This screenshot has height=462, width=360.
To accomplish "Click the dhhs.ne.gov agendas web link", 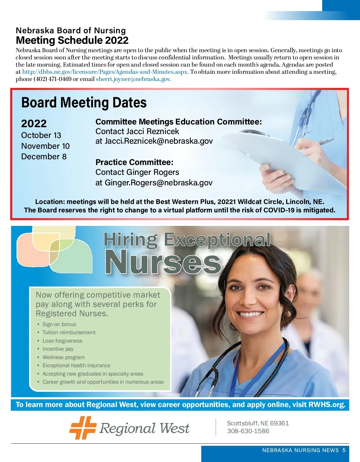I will click(x=105, y=72).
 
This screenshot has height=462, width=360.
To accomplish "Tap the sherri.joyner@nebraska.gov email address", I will click(x=133, y=79).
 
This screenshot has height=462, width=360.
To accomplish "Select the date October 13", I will click(x=41, y=135).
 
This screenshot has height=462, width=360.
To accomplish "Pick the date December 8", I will click(x=44, y=157).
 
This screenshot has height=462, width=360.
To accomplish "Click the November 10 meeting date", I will click(x=45, y=146).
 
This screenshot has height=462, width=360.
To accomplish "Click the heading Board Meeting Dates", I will click(x=84, y=103).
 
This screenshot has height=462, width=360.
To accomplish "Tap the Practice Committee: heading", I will click(x=134, y=162).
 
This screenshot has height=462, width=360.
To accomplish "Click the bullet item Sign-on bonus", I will click(x=59, y=324).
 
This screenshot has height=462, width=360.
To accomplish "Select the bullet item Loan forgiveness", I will click(x=62, y=341).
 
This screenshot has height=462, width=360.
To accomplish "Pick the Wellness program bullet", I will click(x=63, y=357).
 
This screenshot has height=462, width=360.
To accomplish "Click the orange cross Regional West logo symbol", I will click(x=83, y=427).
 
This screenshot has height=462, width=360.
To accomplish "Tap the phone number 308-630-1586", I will click(x=248, y=431).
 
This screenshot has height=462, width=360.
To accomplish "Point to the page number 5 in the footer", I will click(x=344, y=450).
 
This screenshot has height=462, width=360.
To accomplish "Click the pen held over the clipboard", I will click(x=325, y=141).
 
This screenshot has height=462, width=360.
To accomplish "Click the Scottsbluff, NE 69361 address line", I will click(x=258, y=423).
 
